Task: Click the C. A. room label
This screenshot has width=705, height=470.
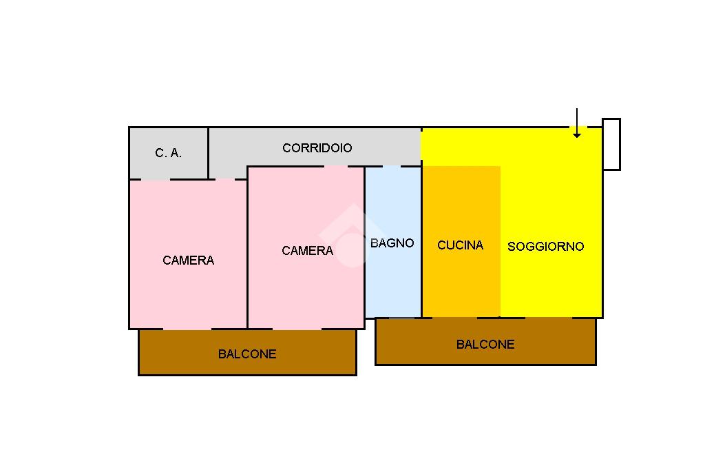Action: [x=169, y=153]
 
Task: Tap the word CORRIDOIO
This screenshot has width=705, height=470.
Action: [x=317, y=148]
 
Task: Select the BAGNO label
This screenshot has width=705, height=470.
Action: [x=392, y=243]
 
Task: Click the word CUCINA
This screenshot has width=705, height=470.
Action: [x=460, y=245]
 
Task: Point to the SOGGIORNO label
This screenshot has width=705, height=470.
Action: [x=545, y=246]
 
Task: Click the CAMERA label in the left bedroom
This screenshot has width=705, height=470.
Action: [x=188, y=260]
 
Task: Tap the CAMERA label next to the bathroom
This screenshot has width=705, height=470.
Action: [x=307, y=251]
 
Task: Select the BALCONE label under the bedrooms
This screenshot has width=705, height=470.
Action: [x=247, y=354]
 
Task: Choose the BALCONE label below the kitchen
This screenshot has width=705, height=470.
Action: [x=485, y=345]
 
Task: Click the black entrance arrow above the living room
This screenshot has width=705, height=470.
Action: [x=577, y=124]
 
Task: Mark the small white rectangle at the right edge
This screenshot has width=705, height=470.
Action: [x=611, y=144]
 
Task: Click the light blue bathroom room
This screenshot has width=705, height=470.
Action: [x=392, y=283]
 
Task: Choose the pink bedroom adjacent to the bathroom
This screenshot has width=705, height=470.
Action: [x=306, y=289]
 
